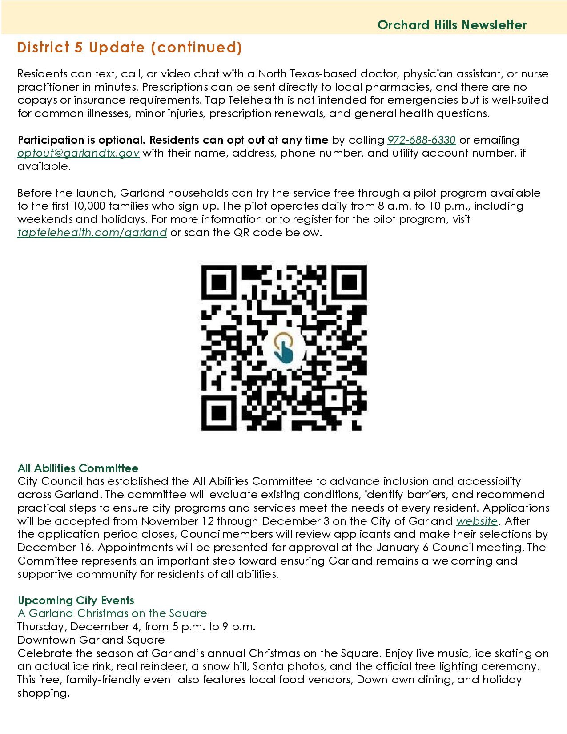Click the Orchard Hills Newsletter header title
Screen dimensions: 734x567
pyautogui.click(x=451, y=25)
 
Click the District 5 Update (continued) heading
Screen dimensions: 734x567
pyautogui.click(x=129, y=48)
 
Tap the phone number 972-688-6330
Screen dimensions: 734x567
pyautogui.click(x=421, y=140)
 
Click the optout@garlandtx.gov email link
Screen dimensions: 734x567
pyautogui.click(x=78, y=153)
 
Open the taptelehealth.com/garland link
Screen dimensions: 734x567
pyautogui.click(x=92, y=233)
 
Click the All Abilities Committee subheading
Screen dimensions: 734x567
pyautogui.click(x=78, y=468)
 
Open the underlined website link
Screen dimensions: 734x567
pyautogui.click(x=477, y=521)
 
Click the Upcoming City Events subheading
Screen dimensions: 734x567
pyautogui.click(x=76, y=600)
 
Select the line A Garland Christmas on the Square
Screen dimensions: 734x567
pyautogui.click(x=112, y=613)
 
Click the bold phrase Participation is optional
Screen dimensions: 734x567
pyautogui.click(x=81, y=140)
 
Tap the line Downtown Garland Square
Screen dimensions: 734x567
pyautogui.click(x=91, y=640)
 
